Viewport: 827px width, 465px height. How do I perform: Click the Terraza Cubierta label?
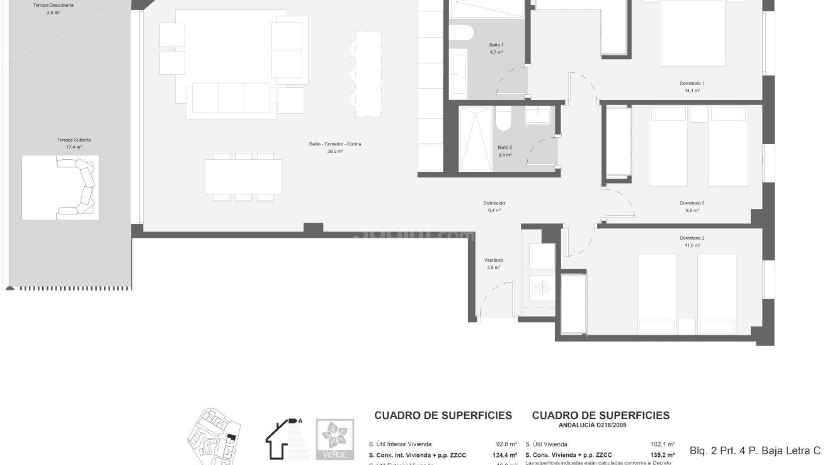click(x=74, y=140)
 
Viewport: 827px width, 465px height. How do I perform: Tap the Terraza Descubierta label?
click(x=53, y=6)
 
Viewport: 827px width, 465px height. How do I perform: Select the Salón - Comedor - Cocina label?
click(x=335, y=144)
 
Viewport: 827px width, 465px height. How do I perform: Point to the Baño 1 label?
click(x=496, y=45)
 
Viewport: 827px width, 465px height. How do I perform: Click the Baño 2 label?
click(x=505, y=148)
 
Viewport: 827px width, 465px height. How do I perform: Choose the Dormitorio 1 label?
click(x=692, y=84)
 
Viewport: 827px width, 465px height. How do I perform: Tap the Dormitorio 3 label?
click(x=692, y=203)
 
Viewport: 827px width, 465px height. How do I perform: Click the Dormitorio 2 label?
click(x=692, y=238)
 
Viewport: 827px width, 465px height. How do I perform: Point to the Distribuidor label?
click(x=494, y=203)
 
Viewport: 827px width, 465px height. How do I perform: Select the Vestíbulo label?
click(x=493, y=260)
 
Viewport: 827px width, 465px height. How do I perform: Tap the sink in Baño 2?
click(x=538, y=116)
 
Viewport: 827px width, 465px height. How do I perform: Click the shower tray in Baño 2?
click(x=475, y=139)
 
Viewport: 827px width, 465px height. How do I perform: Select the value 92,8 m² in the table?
click(x=506, y=444)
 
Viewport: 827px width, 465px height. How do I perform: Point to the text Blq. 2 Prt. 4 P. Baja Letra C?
click(x=755, y=451)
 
